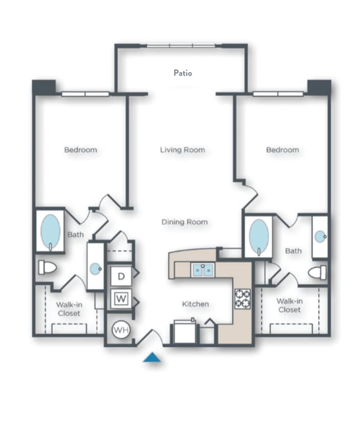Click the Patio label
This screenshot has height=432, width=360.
182,73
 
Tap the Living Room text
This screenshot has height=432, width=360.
182,150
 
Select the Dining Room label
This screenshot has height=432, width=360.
184,222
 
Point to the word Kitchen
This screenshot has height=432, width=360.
195,304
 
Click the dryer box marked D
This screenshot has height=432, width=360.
121,276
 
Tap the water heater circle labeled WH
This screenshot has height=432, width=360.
121,330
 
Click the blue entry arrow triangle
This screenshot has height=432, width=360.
152,358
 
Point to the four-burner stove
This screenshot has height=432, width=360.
242,299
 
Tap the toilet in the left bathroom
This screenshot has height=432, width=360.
48,267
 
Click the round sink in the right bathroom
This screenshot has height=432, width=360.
320,236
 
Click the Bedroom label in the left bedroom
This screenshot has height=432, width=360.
80,150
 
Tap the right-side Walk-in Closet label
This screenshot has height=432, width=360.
289,306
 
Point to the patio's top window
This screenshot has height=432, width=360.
181,46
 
